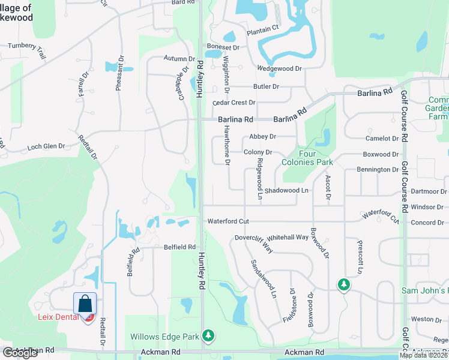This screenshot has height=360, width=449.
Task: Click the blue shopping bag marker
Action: pyautogui.click(x=85, y=302)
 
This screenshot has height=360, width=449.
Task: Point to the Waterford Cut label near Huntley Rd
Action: pyautogui.click(x=228, y=221)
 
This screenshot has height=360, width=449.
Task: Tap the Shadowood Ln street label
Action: pyautogui.click(x=286, y=190)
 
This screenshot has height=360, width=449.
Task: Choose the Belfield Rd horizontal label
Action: pyautogui.click(x=179, y=247)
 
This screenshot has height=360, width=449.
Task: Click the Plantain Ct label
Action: pyautogui.click(x=263, y=28)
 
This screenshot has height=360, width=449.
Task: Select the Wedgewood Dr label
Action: pyautogui.click(x=279, y=68)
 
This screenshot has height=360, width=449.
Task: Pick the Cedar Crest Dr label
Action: pyautogui.click(x=234, y=103)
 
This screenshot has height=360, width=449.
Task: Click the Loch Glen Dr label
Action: pyautogui.click(x=46, y=146)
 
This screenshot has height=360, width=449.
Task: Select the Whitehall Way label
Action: pyautogui.click(x=288, y=237)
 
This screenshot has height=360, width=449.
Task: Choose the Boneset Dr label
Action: pyautogui.click(x=223, y=47)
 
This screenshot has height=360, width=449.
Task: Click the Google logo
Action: pyautogui.click(x=20, y=353)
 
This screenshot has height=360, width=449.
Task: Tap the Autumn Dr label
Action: pyautogui.click(x=179, y=59)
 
